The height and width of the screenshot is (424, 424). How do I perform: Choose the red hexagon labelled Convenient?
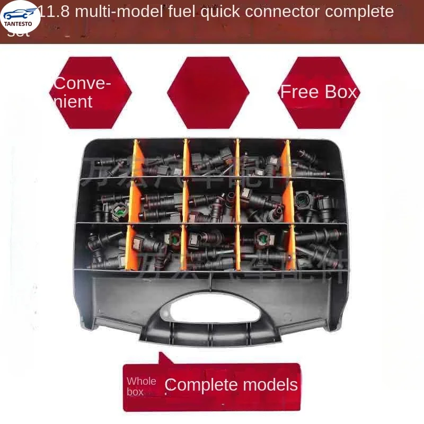(x=90, y=93)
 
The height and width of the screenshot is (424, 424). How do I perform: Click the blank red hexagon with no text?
(x=208, y=93)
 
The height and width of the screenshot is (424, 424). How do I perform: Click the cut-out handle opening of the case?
(x=211, y=313)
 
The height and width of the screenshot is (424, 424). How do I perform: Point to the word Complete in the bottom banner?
(x=199, y=385)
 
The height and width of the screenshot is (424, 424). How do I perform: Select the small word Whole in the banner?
(x=142, y=381)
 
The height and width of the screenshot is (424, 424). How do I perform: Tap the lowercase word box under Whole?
(x=135, y=392)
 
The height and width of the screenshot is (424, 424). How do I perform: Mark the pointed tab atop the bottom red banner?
(x=165, y=358)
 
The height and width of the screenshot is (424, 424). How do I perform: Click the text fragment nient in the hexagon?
(x=73, y=101)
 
